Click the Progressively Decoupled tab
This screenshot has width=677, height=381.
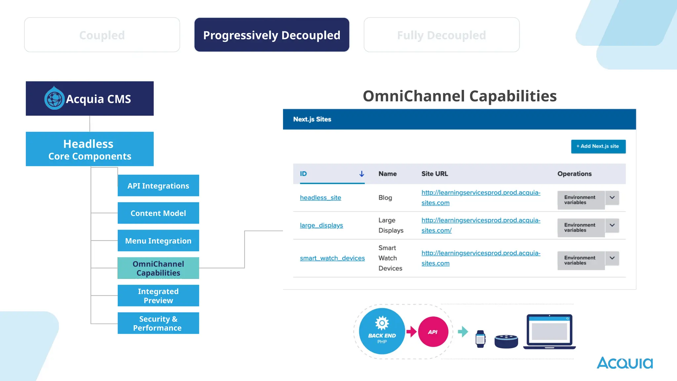point(272,35)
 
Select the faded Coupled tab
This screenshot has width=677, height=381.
point(102,35)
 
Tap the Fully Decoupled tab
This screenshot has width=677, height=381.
point(441,35)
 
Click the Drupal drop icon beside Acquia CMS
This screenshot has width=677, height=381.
point(54,98)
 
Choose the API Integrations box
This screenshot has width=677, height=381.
point(158,186)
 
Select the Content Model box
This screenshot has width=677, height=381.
point(158,213)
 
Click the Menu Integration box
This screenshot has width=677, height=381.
point(158,240)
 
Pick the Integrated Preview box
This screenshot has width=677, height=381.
point(158,296)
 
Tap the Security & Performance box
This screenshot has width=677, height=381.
point(158,323)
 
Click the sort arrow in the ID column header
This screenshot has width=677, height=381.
point(362,174)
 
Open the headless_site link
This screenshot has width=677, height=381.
point(320,197)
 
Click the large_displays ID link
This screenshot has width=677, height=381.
point(321,225)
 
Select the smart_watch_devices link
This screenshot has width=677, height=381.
point(332,258)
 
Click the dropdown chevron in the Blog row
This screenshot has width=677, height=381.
point(612,197)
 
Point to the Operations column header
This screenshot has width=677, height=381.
point(574,174)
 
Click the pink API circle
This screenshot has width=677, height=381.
point(433,332)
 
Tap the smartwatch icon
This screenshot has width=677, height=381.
point(480,339)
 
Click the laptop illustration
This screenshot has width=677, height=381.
point(549,331)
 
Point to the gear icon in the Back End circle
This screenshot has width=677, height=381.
point(382,323)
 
